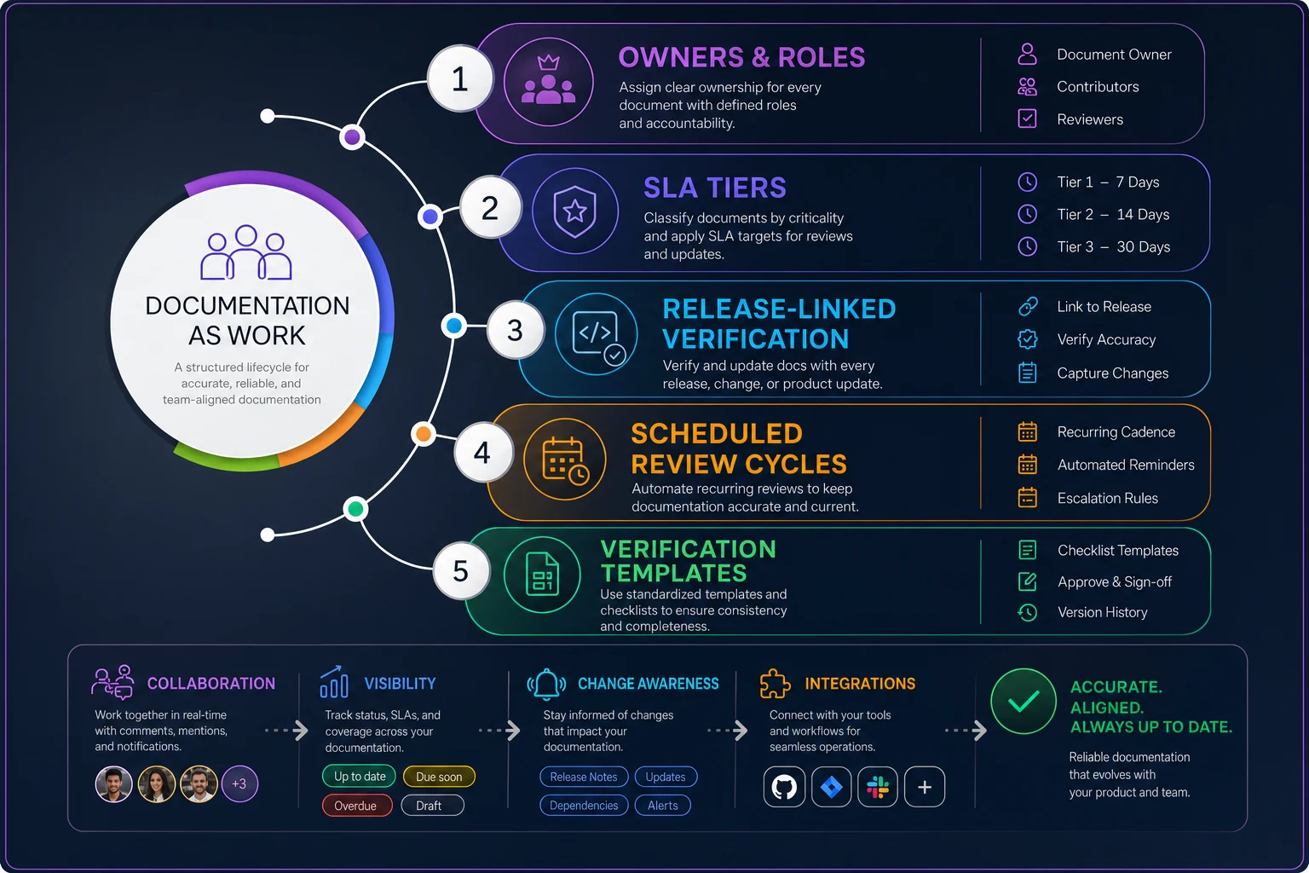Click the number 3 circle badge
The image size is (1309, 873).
pos(515,331)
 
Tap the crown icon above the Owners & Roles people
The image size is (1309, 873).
pos(548,61)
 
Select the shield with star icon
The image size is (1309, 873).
pos(575,211)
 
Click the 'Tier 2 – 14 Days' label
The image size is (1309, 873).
pos(1113,215)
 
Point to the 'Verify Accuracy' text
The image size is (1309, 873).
pos(1106,339)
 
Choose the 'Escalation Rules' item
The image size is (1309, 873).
pos(1107,498)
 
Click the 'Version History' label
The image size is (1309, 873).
pos(1102,612)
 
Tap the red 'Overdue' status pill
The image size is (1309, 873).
pos(356,806)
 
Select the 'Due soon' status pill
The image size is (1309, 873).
pos(439,777)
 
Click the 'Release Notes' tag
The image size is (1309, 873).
pos(583,777)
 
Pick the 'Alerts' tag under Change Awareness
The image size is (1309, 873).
pos(663,805)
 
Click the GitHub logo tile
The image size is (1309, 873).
pos(784,787)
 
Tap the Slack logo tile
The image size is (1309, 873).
pos(878,787)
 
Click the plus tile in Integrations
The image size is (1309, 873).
pos(925,787)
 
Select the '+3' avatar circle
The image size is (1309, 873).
pos(239,783)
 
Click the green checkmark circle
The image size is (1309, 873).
pos(1024,701)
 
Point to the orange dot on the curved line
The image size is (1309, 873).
pos(423,434)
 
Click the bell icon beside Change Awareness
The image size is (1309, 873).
pos(546,684)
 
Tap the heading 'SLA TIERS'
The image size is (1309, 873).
pos(715,188)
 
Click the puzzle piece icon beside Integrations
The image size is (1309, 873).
pos(775,684)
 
